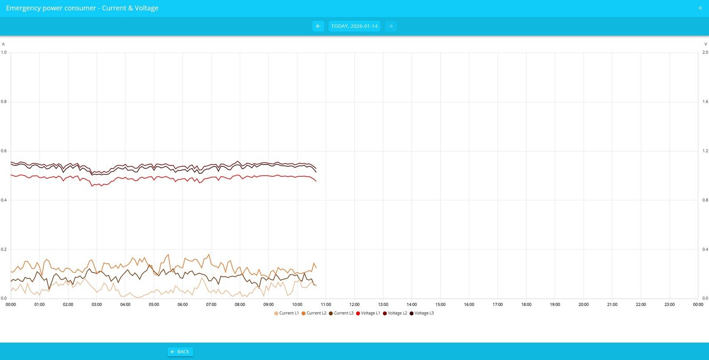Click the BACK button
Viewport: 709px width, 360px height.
click(x=180, y=352)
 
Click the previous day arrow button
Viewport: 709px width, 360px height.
click(x=318, y=26)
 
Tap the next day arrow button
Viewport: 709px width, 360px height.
click(x=390, y=26)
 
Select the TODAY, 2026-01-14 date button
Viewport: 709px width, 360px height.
click(x=354, y=26)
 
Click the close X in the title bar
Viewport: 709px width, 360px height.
click(x=700, y=8)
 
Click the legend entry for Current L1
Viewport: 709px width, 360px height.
click(x=287, y=313)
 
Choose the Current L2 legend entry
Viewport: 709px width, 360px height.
click(x=314, y=313)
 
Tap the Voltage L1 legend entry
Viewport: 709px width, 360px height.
click(x=368, y=313)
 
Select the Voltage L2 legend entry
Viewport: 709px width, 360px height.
click(x=395, y=313)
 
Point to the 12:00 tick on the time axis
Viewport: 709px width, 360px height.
click(x=354, y=305)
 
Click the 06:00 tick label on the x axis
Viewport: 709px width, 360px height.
click(x=183, y=305)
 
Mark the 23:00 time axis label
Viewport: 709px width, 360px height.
click(x=670, y=305)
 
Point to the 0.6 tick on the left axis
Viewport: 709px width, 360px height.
click(x=4, y=151)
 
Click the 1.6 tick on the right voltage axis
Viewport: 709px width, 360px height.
click(x=705, y=102)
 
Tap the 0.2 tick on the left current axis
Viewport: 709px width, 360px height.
click(x=4, y=249)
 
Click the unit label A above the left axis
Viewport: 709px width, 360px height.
click(x=4, y=44)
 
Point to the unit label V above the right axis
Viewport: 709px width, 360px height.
click(x=705, y=44)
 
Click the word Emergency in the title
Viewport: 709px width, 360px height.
click(x=23, y=8)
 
